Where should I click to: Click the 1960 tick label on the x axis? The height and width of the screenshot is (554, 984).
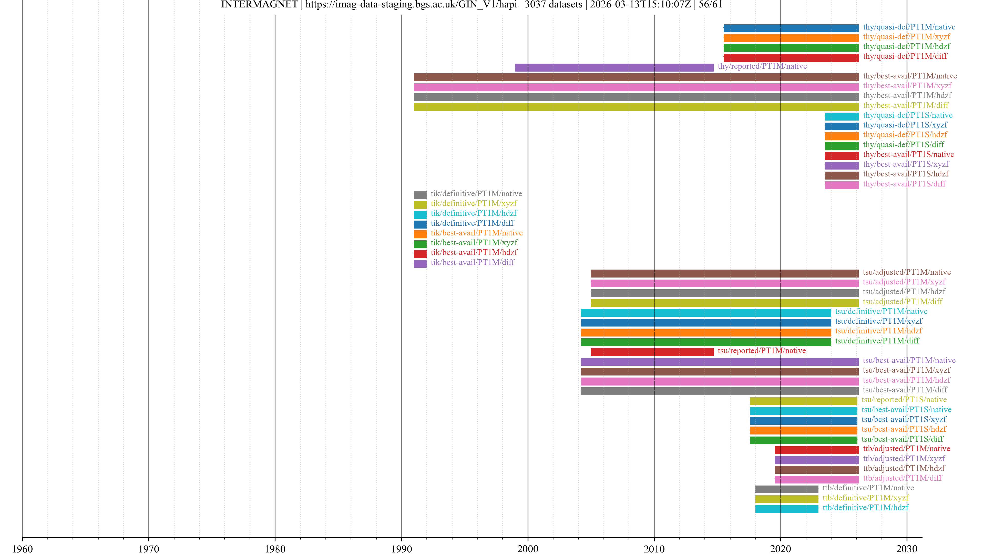coord(23,549)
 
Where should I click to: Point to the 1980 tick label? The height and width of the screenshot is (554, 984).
coord(275,549)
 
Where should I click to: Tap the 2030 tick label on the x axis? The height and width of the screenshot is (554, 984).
coord(907,549)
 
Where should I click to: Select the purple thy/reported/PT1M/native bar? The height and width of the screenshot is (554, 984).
coord(614,67)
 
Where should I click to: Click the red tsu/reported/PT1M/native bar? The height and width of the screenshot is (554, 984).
coord(652,352)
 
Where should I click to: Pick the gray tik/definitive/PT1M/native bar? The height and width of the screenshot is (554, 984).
coord(420,195)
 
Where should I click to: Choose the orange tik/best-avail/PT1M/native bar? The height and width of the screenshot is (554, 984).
coord(420,234)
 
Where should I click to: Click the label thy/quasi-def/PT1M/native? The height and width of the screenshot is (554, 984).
coord(909,27)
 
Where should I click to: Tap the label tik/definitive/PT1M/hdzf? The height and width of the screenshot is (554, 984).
coord(474,213)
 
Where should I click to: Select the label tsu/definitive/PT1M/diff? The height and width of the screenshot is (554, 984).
coord(877,341)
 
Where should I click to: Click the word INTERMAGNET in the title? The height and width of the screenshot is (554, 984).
coord(259,5)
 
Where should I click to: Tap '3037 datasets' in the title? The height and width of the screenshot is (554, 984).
coord(553,5)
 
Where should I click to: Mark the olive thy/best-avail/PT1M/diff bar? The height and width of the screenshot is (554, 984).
coord(636,107)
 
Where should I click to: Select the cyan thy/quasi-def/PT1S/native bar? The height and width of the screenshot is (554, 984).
coord(842,116)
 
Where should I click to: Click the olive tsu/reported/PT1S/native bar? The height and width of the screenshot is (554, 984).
coord(803,401)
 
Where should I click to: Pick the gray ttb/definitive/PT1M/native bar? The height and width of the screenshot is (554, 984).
coord(786,489)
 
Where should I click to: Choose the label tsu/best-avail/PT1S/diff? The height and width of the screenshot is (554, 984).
coord(902,439)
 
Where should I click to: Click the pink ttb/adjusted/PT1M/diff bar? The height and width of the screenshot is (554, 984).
coord(817,479)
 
